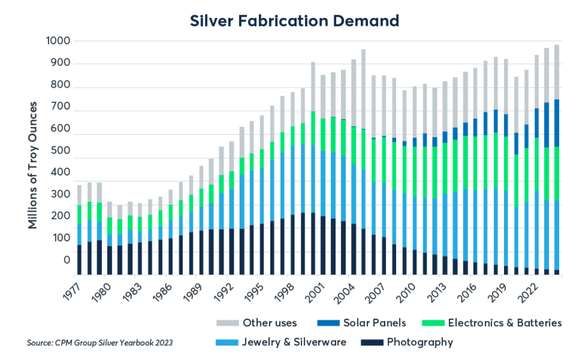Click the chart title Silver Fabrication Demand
(x=294, y=21)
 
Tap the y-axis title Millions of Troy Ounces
(x=34, y=165)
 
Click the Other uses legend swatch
(x=227, y=323)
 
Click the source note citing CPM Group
(x=100, y=343)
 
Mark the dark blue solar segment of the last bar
(x=556, y=123)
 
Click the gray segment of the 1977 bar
(x=79, y=195)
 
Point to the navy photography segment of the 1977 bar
(x=79, y=260)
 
